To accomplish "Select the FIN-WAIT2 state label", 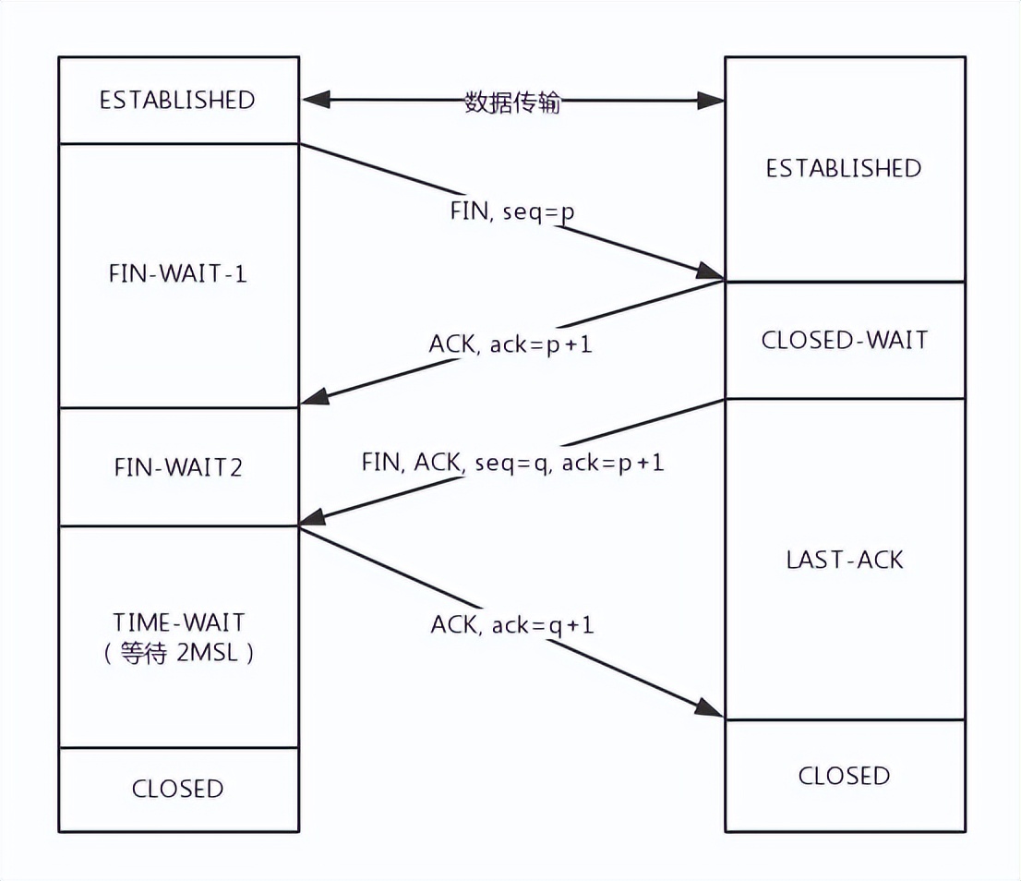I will point(178,467).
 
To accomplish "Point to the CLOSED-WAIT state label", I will point(845,340).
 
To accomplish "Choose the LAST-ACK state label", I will point(845,559).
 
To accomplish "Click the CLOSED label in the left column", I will point(178,789).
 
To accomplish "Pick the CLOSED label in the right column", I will point(845,775).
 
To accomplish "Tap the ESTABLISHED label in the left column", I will point(177,100).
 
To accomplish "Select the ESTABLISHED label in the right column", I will point(844,168).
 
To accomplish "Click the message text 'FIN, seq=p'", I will point(512,211).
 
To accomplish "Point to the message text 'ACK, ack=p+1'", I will point(510,344).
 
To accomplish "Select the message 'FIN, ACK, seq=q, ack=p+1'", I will point(512,462).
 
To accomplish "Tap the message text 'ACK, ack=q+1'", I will point(512,625).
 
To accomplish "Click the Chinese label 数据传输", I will point(512,102).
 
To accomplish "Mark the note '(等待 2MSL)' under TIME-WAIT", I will point(179,654).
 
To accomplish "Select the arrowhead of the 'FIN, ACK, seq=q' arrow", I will point(314,520).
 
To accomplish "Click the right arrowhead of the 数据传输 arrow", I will point(712,101).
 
